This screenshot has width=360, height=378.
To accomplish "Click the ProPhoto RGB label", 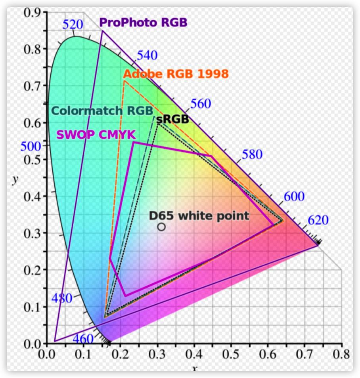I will [143, 22].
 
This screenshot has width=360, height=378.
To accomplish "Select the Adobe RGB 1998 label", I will [176, 74].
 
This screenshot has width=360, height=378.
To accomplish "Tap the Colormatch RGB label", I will [102, 111].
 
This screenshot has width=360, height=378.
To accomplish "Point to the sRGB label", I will [172, 119].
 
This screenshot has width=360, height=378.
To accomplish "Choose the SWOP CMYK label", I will [96, 135].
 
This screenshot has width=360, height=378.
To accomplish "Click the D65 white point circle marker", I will [161, 227].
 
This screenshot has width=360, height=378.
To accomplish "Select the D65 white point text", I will [199, 216].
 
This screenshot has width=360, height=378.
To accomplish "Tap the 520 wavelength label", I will [73, 25].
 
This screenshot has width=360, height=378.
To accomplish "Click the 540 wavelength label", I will [147, 55].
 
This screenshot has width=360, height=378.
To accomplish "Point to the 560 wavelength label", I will [201, 103].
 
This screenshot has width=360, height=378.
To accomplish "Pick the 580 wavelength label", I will [252, 154].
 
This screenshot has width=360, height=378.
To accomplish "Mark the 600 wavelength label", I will [294, 196].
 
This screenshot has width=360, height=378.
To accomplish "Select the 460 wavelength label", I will [83, 339].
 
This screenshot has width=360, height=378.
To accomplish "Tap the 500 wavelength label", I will [31, 146].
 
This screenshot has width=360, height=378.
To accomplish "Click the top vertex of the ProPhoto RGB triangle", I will [102, 31].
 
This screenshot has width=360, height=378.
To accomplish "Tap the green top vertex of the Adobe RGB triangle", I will [124, 81].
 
